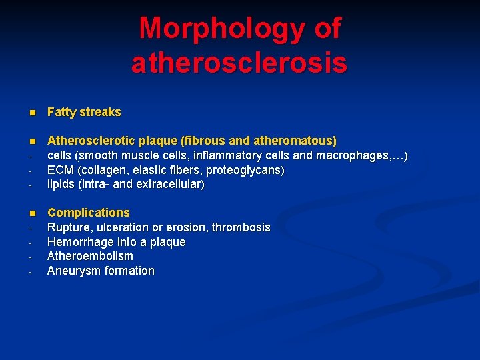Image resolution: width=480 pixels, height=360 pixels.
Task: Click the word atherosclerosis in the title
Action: point(239,63)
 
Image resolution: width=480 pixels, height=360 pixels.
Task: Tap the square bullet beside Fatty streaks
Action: point(32,113)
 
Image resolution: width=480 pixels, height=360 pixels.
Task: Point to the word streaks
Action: point(101,112)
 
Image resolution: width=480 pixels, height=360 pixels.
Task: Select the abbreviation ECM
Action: point(61,170)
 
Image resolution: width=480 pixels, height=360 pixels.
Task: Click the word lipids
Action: point(61,185)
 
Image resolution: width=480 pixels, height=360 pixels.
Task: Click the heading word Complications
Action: point(89,213)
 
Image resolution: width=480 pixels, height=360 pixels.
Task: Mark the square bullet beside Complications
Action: point(32,213)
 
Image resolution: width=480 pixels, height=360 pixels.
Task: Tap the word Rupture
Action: point(67,227)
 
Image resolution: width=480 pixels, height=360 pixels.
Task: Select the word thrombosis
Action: point(241,227)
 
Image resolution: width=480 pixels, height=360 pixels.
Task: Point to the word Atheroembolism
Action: point(90,256)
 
